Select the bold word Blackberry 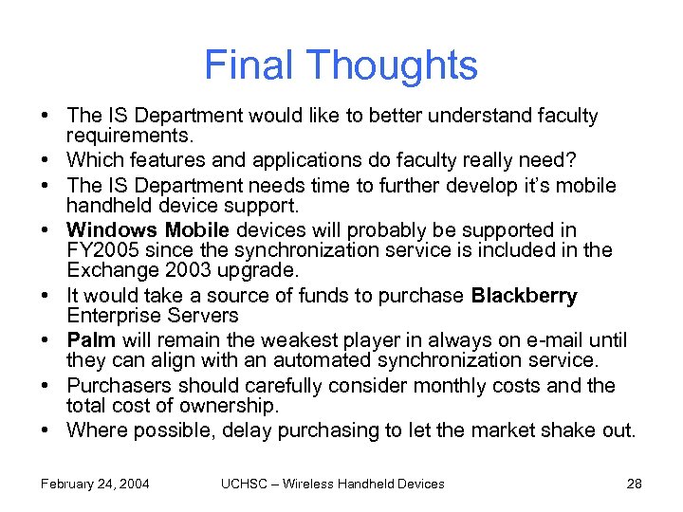coord(524,296)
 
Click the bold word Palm coord(91,340)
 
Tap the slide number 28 coord(635,484)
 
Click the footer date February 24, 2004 coord(95,484)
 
